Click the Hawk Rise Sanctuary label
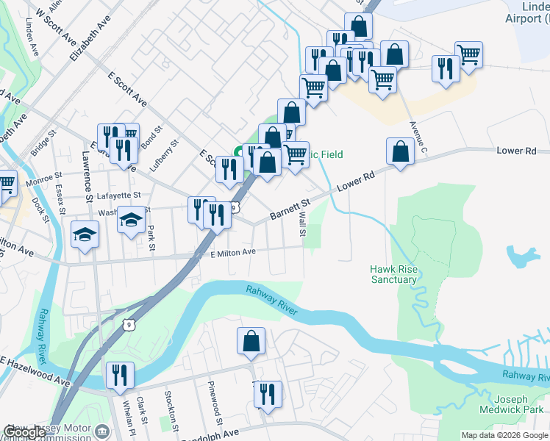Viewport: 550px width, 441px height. [394, 274]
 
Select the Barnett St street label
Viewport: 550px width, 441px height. [291, 207]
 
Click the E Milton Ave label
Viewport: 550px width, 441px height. [232, 253]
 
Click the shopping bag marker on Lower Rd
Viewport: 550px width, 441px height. [399, 153]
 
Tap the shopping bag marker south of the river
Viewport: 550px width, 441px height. [251, 341]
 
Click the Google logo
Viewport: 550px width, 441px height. [26, 432]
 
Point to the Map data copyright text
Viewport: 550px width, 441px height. [504, 435]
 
